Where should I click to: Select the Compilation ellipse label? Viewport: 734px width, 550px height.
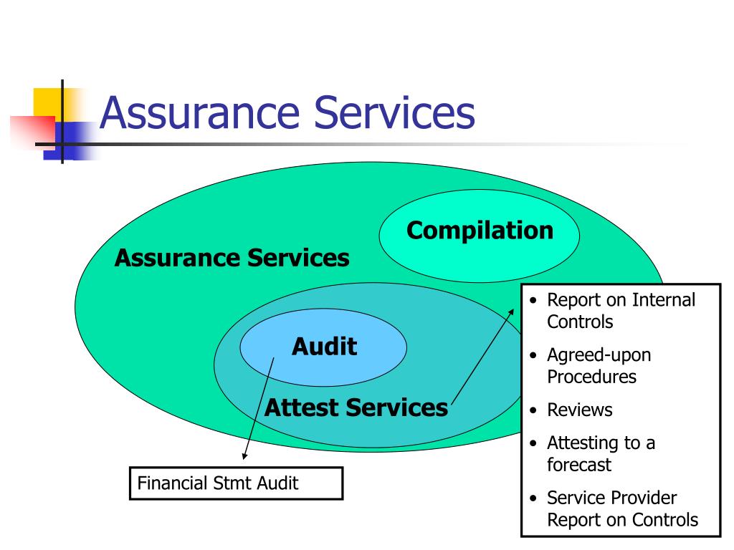(x=480, y=231)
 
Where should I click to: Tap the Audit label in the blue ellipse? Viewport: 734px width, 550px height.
(x=324, y=347)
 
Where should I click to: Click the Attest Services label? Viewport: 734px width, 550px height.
(x=356, y=408)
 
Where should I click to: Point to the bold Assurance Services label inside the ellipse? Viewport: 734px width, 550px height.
(x=232, y=258)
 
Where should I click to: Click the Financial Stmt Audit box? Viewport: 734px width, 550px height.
(x=236, y=483)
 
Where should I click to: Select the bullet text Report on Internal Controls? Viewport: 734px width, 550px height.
(x=621, y=311)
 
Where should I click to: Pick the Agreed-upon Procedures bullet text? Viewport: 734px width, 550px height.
(x=599, y=365)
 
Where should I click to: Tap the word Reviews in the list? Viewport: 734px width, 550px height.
(x=579, y=410)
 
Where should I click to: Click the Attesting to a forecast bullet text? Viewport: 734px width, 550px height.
(x=601, y=453)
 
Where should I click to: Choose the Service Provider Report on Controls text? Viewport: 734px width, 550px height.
(x=622, y=508)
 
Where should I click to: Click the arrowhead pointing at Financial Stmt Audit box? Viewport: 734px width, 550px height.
(x=244, y=455)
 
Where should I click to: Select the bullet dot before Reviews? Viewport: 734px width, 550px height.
(x=533, y=411)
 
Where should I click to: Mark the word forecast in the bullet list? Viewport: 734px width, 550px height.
(x=579, y=465)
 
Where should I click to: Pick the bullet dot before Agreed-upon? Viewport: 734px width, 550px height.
(x=533, y=355)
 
